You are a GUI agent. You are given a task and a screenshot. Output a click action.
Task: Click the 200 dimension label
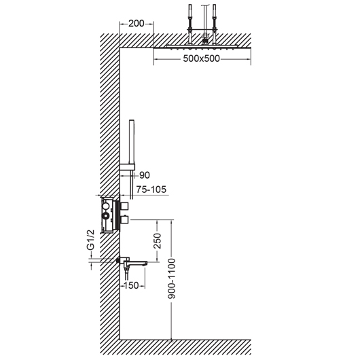point(136,23)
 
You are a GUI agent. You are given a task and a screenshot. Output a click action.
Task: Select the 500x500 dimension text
point(201,59)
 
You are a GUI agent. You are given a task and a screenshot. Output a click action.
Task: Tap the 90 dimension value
point(145,175)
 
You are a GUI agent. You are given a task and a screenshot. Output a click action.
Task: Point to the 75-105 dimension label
point(151,190)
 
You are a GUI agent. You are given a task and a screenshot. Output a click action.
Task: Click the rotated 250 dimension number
point(158,240)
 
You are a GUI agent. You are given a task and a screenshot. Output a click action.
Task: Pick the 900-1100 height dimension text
point(171,278)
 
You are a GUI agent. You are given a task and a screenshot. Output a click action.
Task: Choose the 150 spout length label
point(131,285)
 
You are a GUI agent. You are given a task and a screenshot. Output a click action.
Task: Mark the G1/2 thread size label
point(90,240)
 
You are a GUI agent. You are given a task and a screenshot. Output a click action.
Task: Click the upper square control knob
point(125,206)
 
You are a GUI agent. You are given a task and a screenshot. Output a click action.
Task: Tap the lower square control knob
point(125,219)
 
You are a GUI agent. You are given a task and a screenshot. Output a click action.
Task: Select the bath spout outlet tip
point(145,264)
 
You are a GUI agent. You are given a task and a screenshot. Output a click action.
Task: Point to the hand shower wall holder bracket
point(127,167)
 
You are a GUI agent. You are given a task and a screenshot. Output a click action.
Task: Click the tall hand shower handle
point(132,142)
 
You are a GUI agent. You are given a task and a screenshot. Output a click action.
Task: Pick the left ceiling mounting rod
point(190,24)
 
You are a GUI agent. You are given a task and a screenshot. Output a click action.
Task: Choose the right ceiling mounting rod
point(214,24)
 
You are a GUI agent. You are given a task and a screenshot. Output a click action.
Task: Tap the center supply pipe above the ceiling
point(204,20)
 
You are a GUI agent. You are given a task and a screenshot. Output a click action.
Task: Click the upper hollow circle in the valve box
point(106,206)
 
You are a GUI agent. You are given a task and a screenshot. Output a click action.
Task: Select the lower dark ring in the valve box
point(106,215)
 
